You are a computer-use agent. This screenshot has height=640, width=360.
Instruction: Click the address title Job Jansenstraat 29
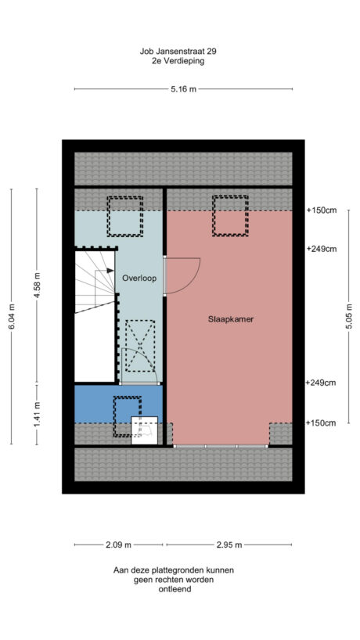click(178, 50)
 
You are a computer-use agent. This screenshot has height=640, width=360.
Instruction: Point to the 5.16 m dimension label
click(183, 89)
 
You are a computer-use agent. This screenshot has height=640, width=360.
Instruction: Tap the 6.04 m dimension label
click(12, 315)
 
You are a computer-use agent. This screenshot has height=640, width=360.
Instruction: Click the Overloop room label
click(137, 277)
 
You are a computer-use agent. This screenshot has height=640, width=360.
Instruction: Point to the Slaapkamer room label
click(230, 319)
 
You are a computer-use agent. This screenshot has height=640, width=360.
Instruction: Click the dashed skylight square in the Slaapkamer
click(229, 214)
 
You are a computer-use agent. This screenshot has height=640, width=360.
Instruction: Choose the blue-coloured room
click(94, 403)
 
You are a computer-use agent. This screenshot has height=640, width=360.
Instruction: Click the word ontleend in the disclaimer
click(172, 589)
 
